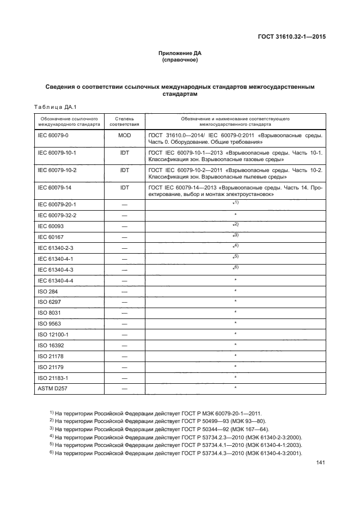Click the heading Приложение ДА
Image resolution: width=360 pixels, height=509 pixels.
180,53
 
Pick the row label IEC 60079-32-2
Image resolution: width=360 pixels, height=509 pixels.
57,216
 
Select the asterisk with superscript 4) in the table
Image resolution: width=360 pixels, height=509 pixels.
235,247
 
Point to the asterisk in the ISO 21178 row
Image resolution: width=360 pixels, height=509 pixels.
235,355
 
